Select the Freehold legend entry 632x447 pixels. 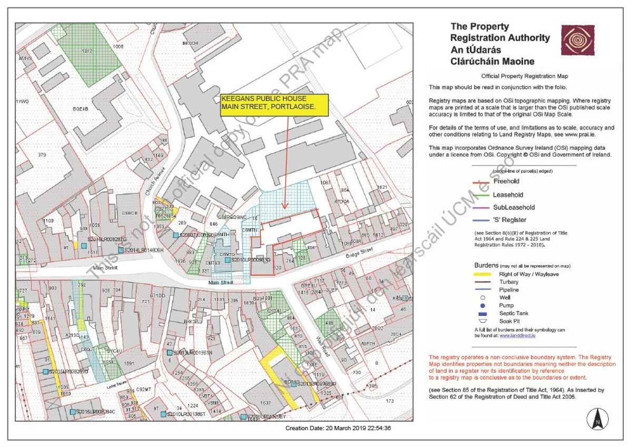coord(506,181)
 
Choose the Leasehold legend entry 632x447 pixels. coord(506,195)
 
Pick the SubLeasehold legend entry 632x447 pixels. coord(513,207)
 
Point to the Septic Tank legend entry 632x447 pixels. coord(513,313)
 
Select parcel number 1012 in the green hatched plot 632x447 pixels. coord(87,51)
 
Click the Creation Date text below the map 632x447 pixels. coord(338,428)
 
